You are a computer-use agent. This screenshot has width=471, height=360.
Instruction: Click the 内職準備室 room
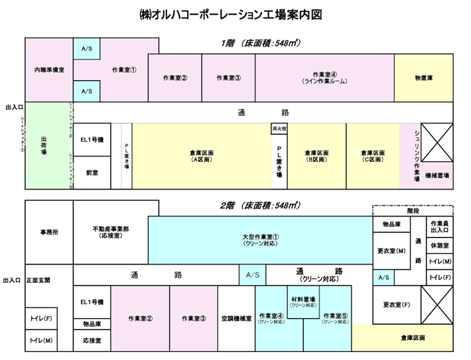(x=48, y=70)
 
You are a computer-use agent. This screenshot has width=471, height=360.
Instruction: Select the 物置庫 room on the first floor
(x=423, y=78)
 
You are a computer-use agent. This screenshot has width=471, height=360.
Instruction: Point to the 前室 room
(x=92, y=172)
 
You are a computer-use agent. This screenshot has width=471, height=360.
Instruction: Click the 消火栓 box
(x=279, y=127)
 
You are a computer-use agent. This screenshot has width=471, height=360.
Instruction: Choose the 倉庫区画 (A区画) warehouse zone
(x=200, y=156)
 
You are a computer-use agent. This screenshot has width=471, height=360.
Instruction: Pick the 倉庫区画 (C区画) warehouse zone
(x=373, y=156)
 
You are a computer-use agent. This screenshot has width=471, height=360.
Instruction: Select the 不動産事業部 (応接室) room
(x=110, y=231)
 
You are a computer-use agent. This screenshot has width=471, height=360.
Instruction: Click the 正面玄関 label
(x=38, y=280)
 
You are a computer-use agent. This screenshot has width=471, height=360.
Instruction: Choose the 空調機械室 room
(x=236, y=318)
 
